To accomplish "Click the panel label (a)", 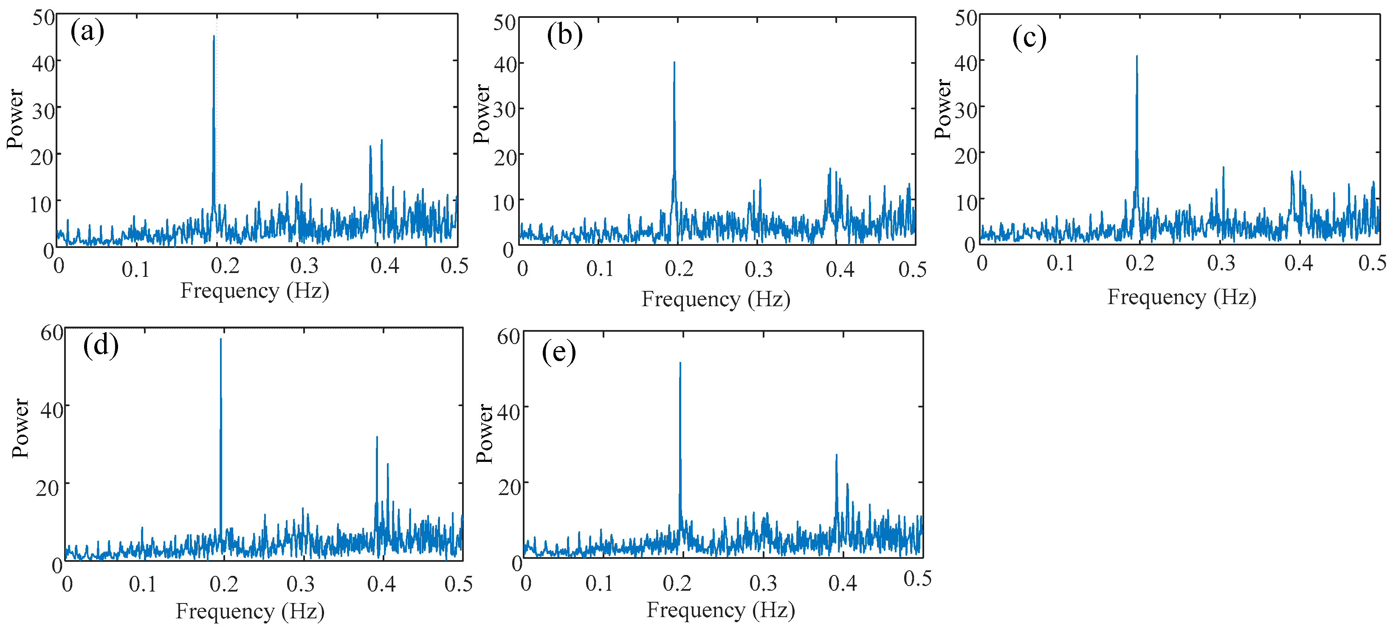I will pos(87,31).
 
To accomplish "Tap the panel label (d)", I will pos(101,345).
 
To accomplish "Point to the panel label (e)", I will pos(558,353).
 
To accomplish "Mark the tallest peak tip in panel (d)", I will pos(221,339).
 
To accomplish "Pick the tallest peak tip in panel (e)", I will pos(680,363).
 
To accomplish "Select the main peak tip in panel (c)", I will pos(1136,56).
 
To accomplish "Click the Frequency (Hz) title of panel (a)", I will pos(255,291).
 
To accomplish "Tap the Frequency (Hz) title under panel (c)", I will pos(1182,297).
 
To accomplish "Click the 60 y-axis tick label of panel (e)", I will pos(508,337).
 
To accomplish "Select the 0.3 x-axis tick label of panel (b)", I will pos(758,269).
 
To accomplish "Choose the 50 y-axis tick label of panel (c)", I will pos(966,18).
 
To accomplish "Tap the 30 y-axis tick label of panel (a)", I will pos(44,111).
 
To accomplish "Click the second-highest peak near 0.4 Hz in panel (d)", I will pos(377,437).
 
